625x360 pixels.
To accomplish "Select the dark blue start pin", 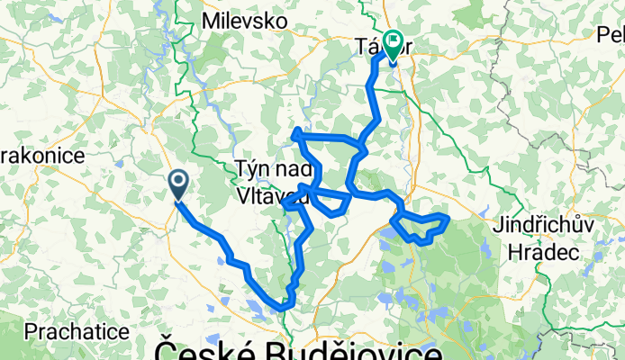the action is pos(178,184).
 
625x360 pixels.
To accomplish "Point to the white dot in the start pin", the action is pos(178,182).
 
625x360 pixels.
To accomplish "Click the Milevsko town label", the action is pos(244,20).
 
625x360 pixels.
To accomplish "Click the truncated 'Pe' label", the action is pos(610,34).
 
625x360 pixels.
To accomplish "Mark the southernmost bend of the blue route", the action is pos(283,308).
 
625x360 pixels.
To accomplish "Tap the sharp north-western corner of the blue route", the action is pos(295,135).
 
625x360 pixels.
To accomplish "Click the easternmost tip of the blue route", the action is pos(448,217).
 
